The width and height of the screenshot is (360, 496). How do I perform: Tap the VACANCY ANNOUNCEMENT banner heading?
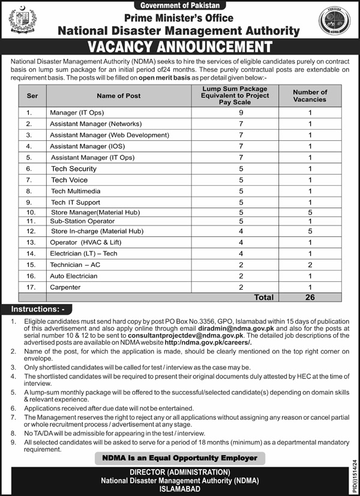(179, 47)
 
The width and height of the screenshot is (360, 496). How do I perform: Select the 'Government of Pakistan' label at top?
(179, 5)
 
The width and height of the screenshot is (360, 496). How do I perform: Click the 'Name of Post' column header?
(118, 96)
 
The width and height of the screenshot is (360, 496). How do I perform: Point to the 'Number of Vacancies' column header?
(310, 96)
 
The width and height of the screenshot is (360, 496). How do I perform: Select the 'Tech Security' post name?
(74, 169)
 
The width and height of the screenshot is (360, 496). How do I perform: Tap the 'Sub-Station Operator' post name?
(74, 221)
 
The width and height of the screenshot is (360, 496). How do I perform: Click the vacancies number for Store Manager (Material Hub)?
(310, 212)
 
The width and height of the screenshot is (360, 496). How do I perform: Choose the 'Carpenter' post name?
(65, 287)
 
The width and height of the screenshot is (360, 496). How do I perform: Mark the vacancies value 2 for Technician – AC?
(310, 264)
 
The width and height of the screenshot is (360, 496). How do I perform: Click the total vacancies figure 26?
(310, 297)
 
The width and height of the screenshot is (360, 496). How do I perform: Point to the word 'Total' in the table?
(263, 297)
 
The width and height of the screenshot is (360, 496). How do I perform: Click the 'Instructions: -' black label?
(38, 309)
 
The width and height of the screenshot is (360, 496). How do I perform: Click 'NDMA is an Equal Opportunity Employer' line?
(180, 458)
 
